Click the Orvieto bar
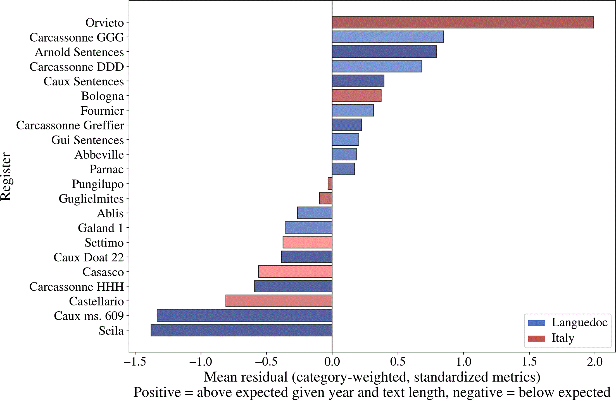(463, 22)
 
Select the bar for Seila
(241, 330)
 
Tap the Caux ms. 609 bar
(244, 315)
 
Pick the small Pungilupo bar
(330, 184)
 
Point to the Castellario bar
(279, 301)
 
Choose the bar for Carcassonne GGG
(388, 37)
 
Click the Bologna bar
(356, 96)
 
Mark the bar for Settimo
(307, 242)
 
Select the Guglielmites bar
(326, 198)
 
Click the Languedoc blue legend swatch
(536, 323)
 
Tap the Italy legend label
(563, 338)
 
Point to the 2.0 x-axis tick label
(595, 362)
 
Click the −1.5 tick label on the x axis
(135, 362)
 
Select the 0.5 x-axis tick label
(398, 362)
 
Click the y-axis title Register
(6, 177)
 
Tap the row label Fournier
(102, 110)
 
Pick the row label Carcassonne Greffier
(70, 125)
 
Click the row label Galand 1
(101, 228)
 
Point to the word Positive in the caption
(157, 392)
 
